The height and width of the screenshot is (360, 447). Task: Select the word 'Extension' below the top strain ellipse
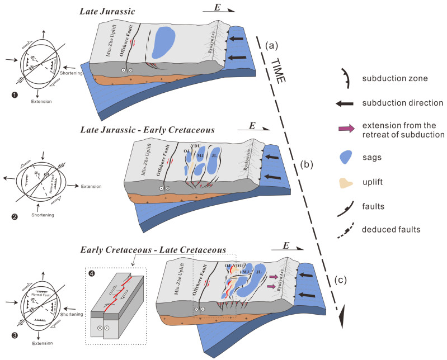pyautogui.click(x=41, y=102)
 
